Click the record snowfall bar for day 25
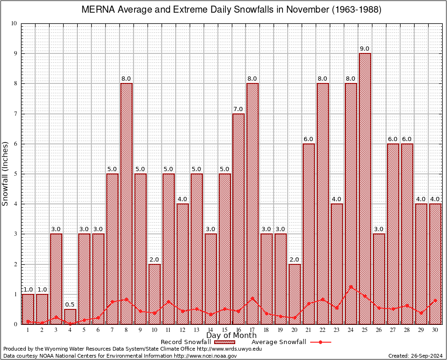tap(365, 187)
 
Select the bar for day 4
tap(70, 316)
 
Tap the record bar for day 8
tap(127, 202)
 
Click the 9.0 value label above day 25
tap(365, 49)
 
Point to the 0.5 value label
tap(70, 304)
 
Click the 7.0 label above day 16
tap(238, 109)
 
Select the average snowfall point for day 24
tap(351, 286)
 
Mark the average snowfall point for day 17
tap(253, 298)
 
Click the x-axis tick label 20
tap(295, 330)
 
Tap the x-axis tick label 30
tap(435, 330)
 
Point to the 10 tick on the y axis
tap(14, 23)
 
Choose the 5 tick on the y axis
tap(15, 174)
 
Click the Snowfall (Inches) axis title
tap(6, 174)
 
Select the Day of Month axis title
tap(231, 336)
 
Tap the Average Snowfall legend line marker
tap(320, 342)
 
